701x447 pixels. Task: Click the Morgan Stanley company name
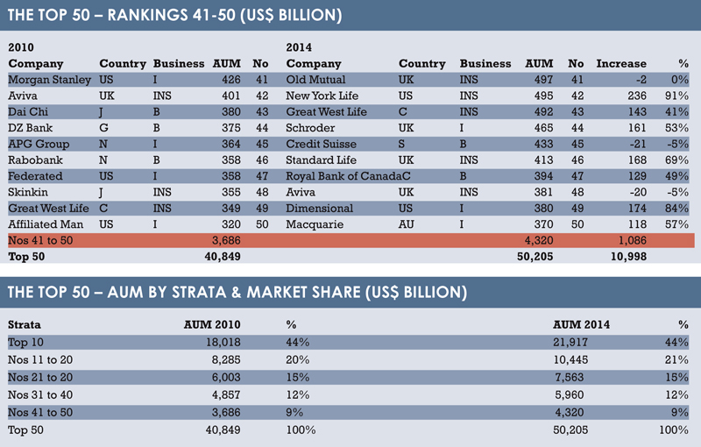[50, 80]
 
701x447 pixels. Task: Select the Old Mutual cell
[315, 80]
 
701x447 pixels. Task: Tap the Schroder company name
[310, 128]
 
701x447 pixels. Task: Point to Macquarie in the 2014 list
[315, 224]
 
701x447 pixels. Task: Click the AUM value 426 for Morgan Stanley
[231, 80]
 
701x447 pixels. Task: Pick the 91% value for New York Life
[676, 96]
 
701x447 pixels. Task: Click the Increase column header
[621, 63]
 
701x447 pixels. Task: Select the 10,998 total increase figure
[628, 257]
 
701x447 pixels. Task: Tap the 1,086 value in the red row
[632, 240]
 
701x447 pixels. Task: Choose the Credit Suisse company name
[321, 144]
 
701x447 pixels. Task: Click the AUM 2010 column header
[212, 324]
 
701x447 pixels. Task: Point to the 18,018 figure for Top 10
[223, 343]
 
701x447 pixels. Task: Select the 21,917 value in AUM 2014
[570, 343]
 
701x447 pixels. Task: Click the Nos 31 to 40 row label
[40, 395]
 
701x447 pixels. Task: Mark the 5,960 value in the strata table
[569, 395]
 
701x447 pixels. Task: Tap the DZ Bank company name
[31, 128]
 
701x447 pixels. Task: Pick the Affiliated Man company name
[46, 224]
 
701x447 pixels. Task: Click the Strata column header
[25, 324]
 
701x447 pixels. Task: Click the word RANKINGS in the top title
[147, 15]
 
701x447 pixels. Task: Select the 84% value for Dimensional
[676, 209]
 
